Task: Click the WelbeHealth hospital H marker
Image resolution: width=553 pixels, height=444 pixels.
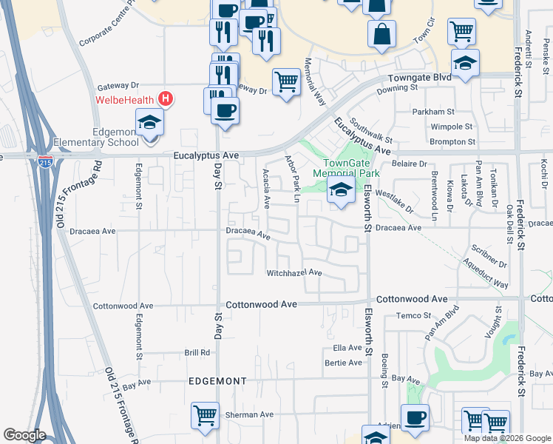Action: (x=166, y=99)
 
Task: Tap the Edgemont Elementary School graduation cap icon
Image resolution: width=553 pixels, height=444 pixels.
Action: (x=149, y=122)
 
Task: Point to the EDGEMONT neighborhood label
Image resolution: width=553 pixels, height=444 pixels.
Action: (x=217, y=381)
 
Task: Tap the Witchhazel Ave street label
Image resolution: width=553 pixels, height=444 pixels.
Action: (x=294, y=273)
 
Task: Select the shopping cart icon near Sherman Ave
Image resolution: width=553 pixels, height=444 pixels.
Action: (x=204, y=415)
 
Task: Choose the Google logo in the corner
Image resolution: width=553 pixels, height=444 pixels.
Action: (x=24, y=435)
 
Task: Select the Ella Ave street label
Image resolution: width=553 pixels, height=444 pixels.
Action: (x=347, y=347)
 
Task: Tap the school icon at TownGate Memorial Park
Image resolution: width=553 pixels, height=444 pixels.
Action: (x=340, y=191)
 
